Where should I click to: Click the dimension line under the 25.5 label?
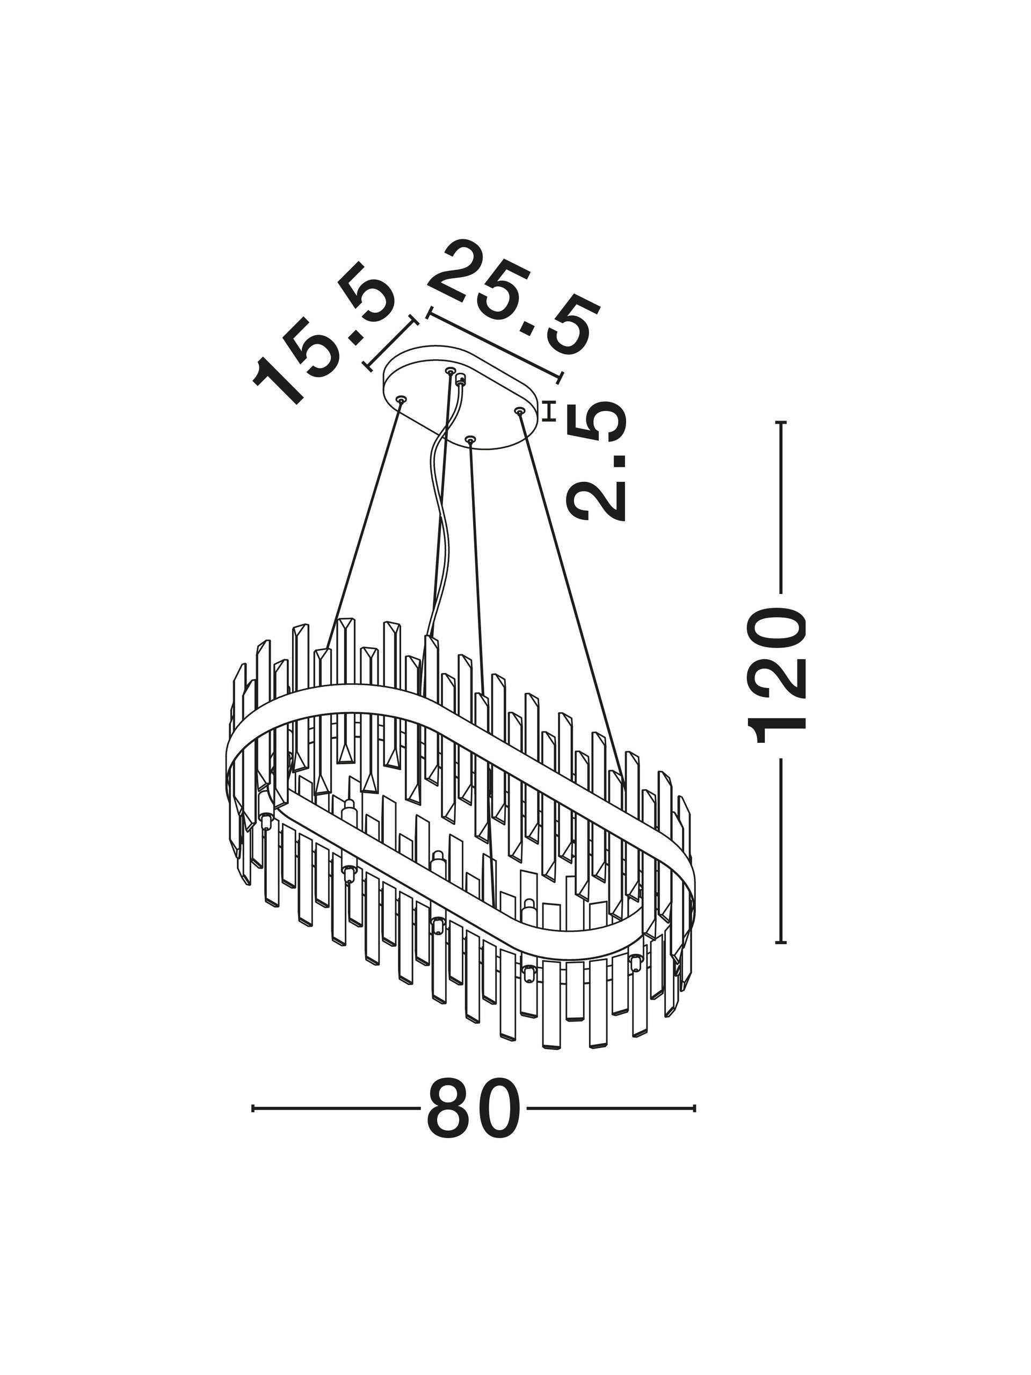point(495,347)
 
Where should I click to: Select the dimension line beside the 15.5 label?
point(390,344)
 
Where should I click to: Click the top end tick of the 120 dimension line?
point(781,423)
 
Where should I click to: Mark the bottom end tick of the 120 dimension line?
point(781,925)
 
